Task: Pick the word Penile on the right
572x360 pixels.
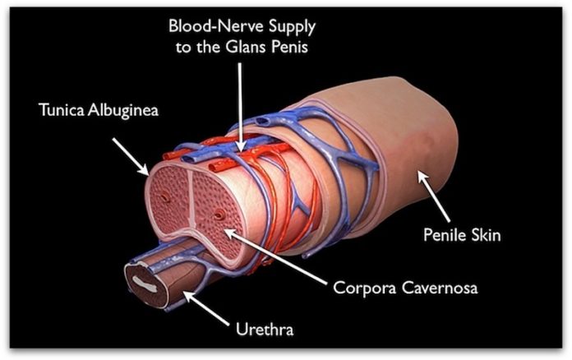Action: coord(442,236)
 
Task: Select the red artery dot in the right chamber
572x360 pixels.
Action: coord(218,214)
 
